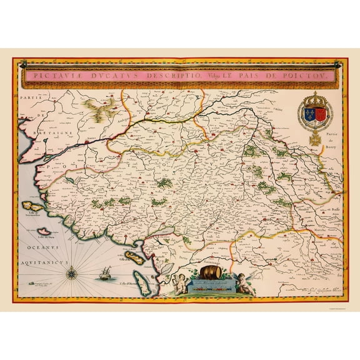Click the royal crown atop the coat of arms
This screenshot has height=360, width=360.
[315, 99]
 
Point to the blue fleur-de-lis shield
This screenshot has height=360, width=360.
[309, 116]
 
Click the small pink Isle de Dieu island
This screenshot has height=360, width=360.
[46, 231]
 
